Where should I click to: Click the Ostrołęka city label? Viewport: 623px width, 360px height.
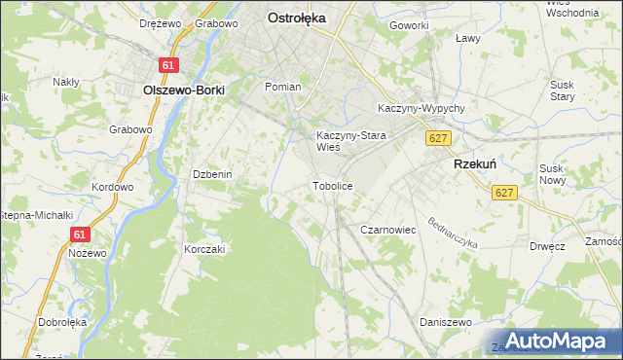[297, 18]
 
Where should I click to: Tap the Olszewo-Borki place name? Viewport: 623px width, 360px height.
[183, 90]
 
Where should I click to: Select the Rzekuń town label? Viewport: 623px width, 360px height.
[476, 165]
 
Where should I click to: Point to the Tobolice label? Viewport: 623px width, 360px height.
[332, 185]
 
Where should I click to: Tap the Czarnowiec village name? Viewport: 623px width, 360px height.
[388, 230]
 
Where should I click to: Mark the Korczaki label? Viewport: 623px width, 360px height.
[204, 249]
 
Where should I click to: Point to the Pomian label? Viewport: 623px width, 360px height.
[283, 87]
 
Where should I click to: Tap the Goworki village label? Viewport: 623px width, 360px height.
[409, 24]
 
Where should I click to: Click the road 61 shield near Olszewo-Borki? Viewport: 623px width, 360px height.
[169, 65]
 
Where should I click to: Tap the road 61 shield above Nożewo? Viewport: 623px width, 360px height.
[81, 234]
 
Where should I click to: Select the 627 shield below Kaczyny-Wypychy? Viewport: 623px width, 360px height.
[437, 139]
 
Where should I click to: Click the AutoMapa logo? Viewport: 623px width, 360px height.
[551, 341]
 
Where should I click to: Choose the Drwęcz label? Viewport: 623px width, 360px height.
[548, 246]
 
